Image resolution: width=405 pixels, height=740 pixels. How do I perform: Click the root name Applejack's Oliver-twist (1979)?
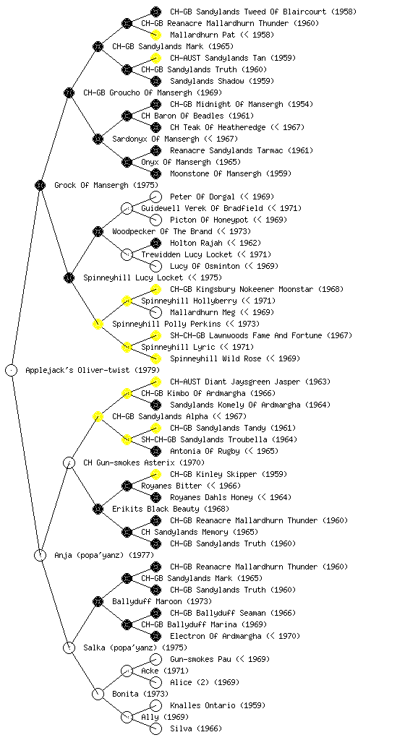pos(93,370)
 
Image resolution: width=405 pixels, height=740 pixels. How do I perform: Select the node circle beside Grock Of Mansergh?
pos(40,185)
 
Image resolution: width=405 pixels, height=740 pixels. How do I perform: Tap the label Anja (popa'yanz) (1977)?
pos(104,555)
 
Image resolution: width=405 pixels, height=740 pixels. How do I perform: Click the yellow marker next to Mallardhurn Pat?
pos(155,35)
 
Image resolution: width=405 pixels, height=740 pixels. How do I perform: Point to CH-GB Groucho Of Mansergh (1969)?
pos(153,92)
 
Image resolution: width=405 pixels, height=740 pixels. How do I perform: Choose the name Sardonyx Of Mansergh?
pos(155,139)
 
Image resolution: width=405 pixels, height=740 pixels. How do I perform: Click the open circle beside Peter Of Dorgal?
pos(155,197)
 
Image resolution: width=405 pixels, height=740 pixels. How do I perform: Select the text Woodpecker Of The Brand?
pos(162,231)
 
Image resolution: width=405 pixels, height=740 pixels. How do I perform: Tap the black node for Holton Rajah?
pos(155,243)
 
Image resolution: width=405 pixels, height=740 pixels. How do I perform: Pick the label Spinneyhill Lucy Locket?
pos(133,277)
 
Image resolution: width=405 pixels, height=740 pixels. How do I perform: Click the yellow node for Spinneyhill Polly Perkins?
pos(98,324)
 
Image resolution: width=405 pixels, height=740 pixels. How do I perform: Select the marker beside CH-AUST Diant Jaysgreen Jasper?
pos(155,382)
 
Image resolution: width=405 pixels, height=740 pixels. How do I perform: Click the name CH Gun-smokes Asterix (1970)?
pos(144,462)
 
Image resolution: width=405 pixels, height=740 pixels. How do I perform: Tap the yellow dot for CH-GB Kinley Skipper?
pos(155,474)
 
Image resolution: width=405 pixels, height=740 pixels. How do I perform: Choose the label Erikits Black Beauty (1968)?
pos(171,509)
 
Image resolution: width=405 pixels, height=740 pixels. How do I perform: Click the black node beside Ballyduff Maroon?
pos(98,601)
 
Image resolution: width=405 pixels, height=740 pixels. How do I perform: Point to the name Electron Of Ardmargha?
pos(216,636)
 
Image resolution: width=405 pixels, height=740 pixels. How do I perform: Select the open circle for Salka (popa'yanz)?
pos(69,647)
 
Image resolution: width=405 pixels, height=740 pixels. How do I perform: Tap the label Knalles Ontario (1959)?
pos(218,705)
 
